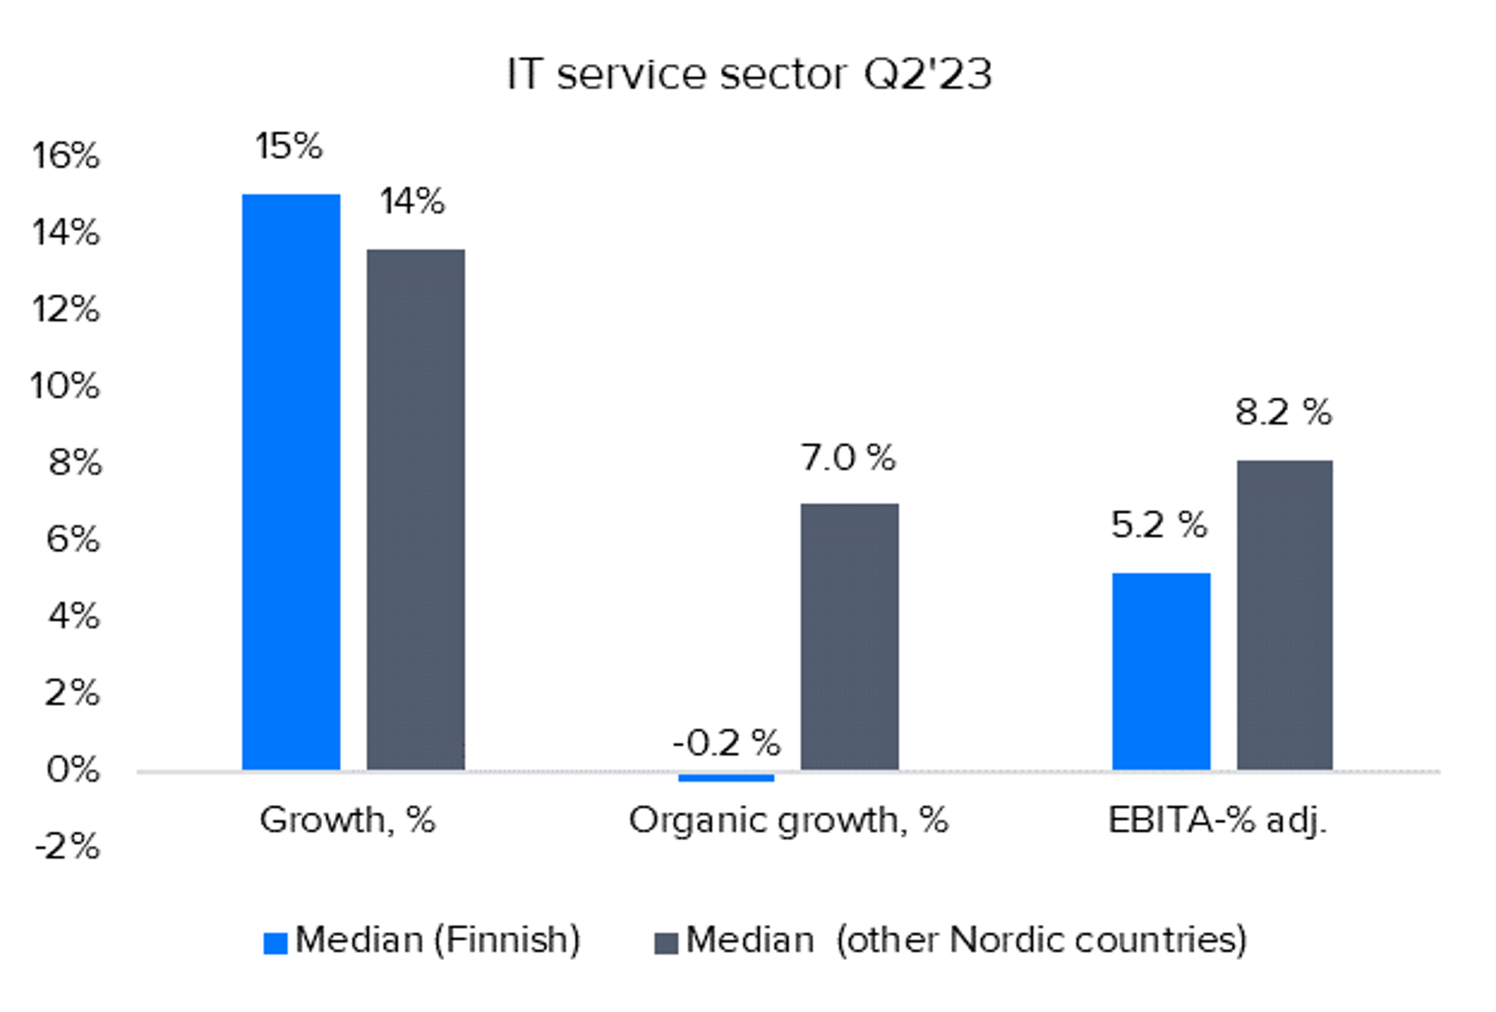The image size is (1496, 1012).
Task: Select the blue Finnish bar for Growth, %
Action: pos(291,481)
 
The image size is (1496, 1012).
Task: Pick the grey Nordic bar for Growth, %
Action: pos(416,509)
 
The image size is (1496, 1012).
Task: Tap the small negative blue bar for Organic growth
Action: pos(726,778)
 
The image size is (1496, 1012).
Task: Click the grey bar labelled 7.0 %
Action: pos(850,636)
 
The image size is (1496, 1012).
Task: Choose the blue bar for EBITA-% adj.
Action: pos(1161,671)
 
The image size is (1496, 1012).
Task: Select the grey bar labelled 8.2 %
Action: pos(1285,615)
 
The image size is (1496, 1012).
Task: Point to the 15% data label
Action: pos(288,146)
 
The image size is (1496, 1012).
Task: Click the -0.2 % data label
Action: pos(726,743)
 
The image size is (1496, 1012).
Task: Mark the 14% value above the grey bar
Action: pos(412,202)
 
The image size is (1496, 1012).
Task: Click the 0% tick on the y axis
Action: pos(73,769)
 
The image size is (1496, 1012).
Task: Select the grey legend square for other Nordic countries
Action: pos(666,943)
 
